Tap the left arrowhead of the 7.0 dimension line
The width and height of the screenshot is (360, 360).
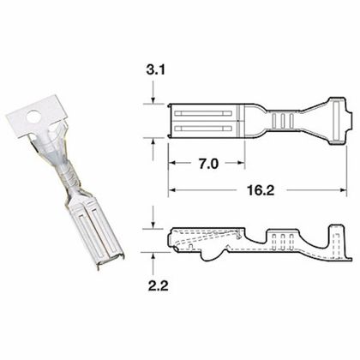[170, 162]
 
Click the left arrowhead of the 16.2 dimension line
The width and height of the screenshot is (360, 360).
[170, 188]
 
